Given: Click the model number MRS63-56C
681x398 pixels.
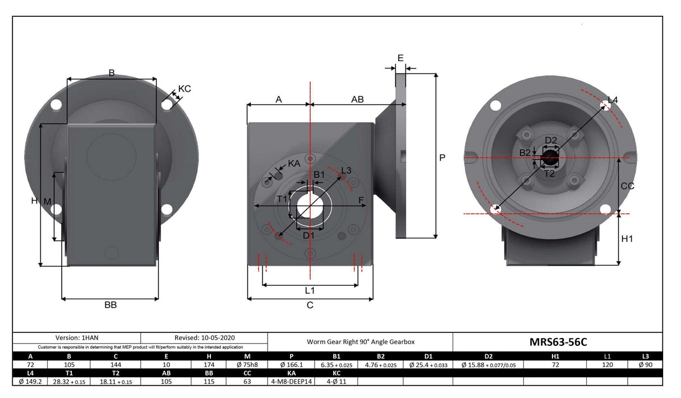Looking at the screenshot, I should click(558, 342).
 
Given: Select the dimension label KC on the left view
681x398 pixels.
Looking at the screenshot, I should click(184, 89).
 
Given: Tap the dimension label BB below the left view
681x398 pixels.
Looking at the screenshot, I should click(111, 305).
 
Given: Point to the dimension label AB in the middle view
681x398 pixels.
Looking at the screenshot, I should click(357, 99).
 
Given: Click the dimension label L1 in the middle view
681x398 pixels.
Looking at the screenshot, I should click(310, 290).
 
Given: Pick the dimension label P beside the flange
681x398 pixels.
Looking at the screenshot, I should click(442, 158).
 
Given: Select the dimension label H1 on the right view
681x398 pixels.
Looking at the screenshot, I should click(628, 239).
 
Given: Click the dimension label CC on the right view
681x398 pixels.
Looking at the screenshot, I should click(628, 186).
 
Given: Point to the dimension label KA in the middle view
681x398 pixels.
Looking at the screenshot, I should click(293, 163).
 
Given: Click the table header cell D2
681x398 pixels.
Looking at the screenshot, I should click(488, 356).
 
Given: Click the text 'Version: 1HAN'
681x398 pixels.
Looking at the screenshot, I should click(76, 337).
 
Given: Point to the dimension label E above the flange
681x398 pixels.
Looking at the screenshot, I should click(400, 58).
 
